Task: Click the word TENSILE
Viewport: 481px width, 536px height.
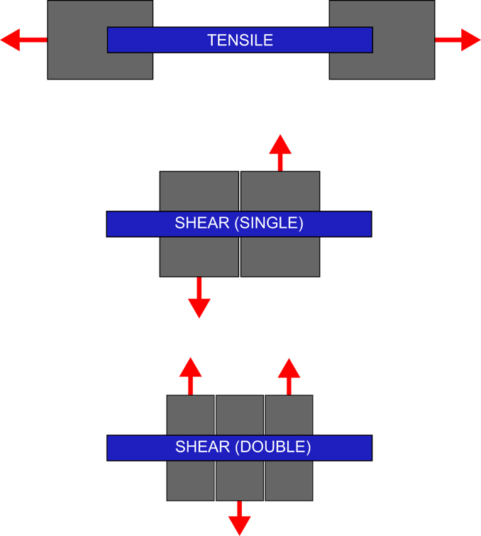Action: (240, 40)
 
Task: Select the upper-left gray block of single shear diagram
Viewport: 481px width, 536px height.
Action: (199, 190)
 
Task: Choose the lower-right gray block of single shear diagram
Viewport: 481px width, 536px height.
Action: (281, 257)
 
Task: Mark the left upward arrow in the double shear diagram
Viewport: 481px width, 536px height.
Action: (190, 373)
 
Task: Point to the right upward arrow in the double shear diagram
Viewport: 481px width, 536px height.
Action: (289, 373)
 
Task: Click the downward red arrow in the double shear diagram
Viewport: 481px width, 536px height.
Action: (239, 520)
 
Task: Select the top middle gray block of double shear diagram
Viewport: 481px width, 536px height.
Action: (239, 415)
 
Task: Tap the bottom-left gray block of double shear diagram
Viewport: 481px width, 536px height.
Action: (190, 481)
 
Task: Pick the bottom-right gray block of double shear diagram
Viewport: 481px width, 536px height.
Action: (289, 481)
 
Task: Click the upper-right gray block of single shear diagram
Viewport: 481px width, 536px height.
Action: (281, 190)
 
